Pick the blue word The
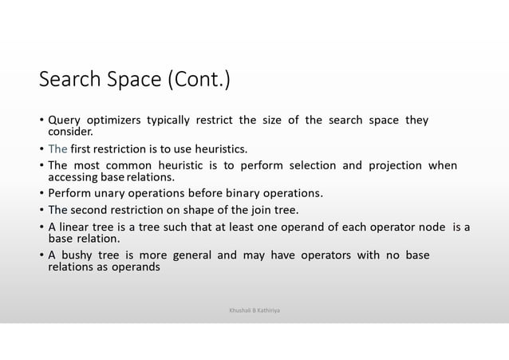(57, 148)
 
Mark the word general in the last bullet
(191, 255)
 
